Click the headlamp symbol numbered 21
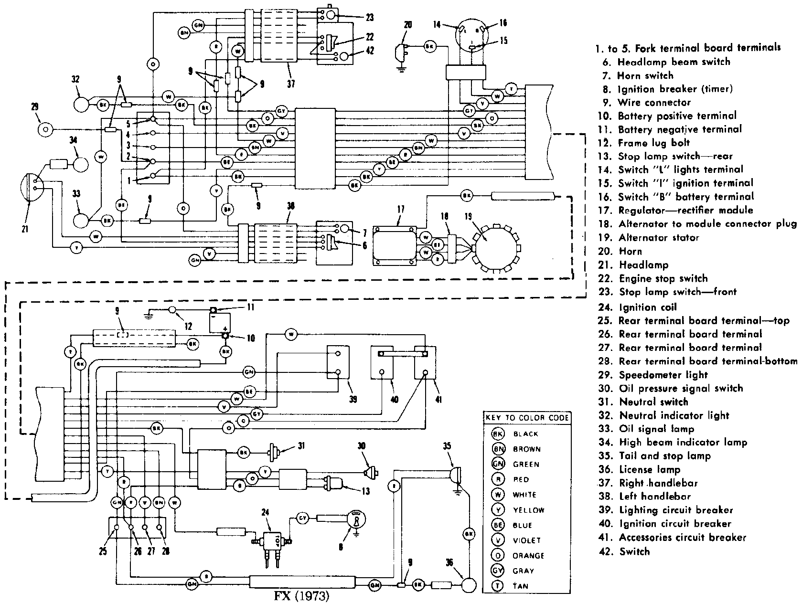[30, 187]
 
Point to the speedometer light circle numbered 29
[46, 129]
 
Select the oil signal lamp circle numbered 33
[81, 221]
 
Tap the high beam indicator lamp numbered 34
[81, 164]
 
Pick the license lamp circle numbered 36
[470, 585]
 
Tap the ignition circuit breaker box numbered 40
[382, 362]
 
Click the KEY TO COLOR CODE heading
[527, 418]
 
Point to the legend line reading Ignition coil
[648, 307]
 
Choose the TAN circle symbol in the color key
[499, 586]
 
